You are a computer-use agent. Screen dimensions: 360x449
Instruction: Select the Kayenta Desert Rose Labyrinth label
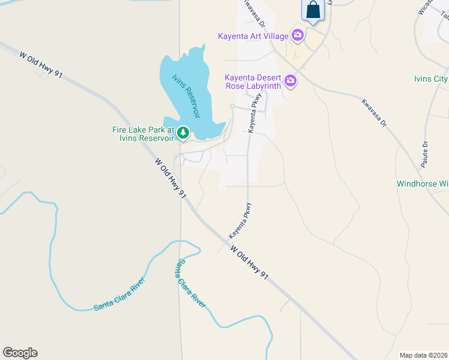coord(253,82)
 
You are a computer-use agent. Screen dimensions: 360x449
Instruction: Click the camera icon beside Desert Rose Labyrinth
coord(291,80)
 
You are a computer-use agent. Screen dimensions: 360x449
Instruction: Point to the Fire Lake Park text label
coord(143,134)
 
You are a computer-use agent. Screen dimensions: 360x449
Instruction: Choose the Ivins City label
coord(431,79)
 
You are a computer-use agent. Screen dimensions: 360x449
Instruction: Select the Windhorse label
coord(423,184)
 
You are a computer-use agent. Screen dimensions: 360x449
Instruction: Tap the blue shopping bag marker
coord(313,11)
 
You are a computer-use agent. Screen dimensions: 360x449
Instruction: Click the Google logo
coord(20,353)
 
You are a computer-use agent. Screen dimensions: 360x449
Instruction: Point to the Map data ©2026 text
coord(424,355)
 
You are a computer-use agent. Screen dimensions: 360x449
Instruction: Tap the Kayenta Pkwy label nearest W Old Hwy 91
coord(239,220)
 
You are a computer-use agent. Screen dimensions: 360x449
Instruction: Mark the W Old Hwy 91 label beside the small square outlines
coord(41,64)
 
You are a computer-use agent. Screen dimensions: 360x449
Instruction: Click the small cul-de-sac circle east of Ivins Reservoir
coord(232,106)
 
